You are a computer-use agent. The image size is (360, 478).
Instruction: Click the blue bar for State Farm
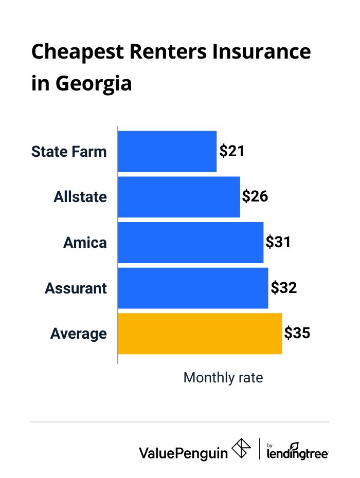point(167,152)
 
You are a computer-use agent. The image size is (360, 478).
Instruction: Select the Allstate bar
point(179,197)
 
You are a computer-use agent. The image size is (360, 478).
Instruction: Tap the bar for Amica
point(191,243)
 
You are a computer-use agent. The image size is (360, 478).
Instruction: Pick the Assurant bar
point(193,288)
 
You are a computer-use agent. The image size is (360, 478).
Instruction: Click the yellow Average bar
point(200,334)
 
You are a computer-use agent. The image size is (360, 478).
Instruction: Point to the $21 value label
point(231,151)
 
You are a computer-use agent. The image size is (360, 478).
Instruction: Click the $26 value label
point(255,196)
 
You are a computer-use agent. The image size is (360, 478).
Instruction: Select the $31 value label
point(278,242)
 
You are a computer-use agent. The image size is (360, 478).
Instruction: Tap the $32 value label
point(283,287)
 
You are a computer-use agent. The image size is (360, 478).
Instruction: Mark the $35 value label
point(297,333)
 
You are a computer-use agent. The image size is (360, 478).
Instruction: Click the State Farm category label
point(69,152)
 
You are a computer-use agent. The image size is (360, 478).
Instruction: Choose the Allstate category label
point(80,197)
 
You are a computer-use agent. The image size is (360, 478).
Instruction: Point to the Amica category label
point(85,243)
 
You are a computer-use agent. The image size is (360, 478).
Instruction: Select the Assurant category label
point(76,288)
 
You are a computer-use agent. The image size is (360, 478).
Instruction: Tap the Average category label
point(79,334)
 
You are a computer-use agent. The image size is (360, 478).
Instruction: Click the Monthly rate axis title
point(223,378)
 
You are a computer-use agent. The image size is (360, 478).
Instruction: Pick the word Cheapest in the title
point(75,52)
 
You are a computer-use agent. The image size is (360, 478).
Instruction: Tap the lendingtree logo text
point(298,453)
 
